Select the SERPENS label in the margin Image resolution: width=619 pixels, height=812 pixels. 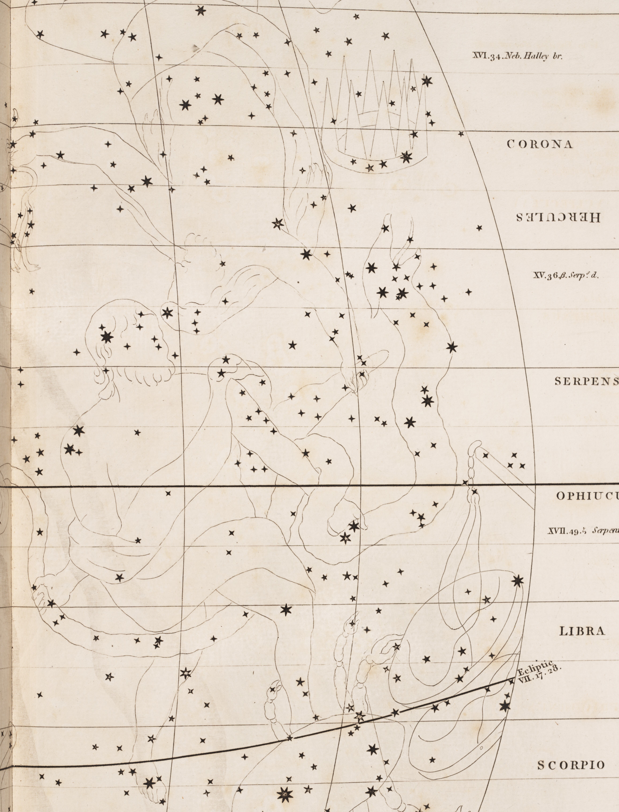pos(586,382)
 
